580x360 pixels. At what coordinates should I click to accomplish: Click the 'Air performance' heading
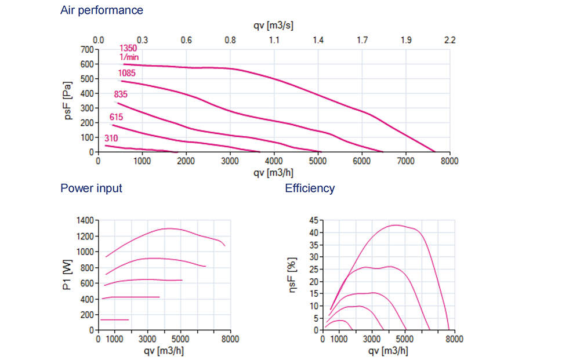pos(101,10)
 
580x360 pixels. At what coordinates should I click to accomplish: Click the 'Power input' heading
pos(91,188)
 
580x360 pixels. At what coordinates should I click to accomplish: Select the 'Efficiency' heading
pos(310,188)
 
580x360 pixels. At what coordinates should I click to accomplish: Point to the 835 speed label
pos(121,94)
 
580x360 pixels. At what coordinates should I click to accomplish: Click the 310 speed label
pos(111,139)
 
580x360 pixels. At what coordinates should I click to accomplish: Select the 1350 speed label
pos(128,49)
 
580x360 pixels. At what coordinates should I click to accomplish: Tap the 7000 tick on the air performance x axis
pos(405,161)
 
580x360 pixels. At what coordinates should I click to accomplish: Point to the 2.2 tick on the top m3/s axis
pos(449,41)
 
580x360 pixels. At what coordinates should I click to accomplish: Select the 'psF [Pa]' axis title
pos(68,101)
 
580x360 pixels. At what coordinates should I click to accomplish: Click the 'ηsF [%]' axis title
pos(294,275)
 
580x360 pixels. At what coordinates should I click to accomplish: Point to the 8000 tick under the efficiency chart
pos(454,339)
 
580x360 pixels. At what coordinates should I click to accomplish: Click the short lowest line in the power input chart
pos(114,319)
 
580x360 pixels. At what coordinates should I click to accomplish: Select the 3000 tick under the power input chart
pos(148,339)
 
